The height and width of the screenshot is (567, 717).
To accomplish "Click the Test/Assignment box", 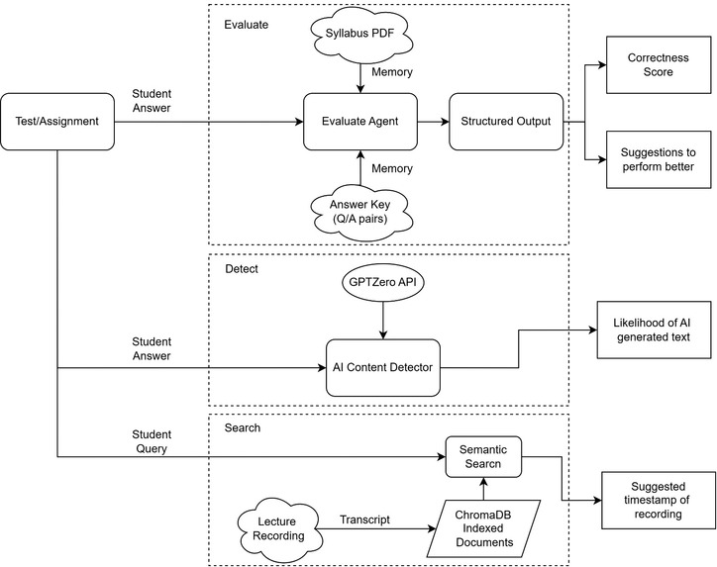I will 58,123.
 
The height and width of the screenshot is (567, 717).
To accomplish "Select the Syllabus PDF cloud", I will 359,37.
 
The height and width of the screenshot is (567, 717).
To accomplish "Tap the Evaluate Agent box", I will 359,123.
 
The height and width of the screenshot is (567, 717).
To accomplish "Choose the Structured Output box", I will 506,123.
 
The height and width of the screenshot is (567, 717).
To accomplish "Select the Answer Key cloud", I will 359,211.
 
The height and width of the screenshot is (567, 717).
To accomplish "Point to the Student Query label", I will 152,441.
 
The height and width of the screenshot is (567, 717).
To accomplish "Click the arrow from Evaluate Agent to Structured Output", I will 431,123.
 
